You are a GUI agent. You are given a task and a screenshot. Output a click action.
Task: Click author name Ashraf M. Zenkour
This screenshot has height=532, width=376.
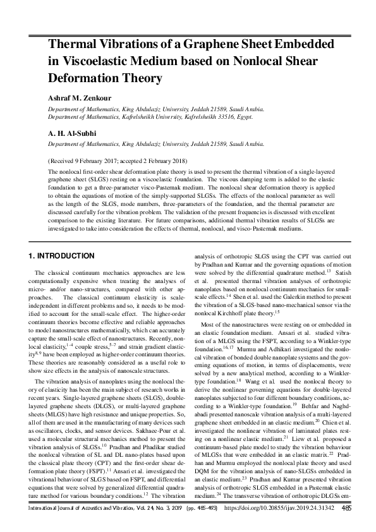tap(82, 98)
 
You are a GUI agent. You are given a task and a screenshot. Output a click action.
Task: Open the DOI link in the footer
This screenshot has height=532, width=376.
tap(283, 524)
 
